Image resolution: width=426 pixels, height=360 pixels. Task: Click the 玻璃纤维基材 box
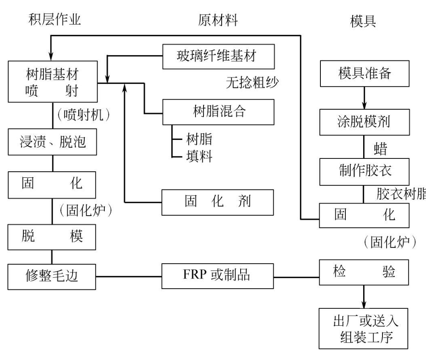pos(218,56)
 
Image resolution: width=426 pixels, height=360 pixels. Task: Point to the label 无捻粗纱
pos(253,83)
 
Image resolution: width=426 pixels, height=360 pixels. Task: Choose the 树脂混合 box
pos(218,112)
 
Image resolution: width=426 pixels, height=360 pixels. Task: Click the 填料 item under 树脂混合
pos(199,156)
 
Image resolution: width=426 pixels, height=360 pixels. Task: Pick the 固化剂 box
pos(218,202)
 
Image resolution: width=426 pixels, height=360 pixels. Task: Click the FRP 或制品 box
pos(218,277)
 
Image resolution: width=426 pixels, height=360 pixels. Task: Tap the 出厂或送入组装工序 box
pos(364,328)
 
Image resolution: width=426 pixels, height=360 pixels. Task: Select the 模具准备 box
pos(364,74)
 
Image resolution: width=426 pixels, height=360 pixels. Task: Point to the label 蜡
pos(381,149)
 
